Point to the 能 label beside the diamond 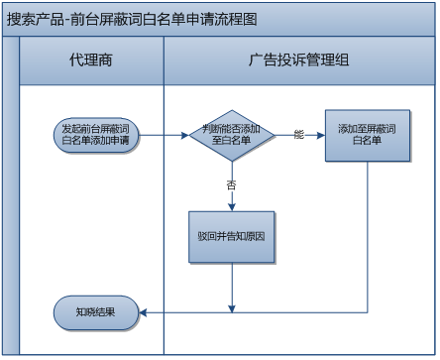point(299,134)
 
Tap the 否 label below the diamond point(231,184)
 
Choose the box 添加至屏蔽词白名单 point(367,135)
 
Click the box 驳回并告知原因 point(232,237)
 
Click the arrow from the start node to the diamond point(165,135)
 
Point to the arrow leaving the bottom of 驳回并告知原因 point(233,288)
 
